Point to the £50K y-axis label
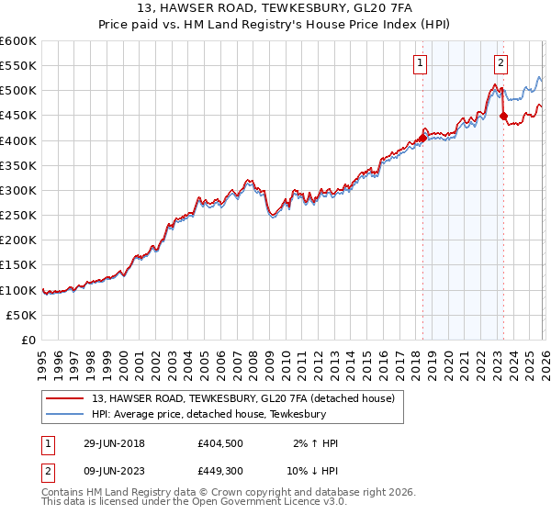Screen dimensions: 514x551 (21, 315)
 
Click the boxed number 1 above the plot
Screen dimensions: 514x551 (421, 63)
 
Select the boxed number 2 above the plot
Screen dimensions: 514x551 (501, 63)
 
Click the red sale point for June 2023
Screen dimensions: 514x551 (503, 116)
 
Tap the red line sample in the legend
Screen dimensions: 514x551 (65, 398)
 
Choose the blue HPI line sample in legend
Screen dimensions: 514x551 (65, 415)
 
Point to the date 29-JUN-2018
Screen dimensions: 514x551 (114, 443)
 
